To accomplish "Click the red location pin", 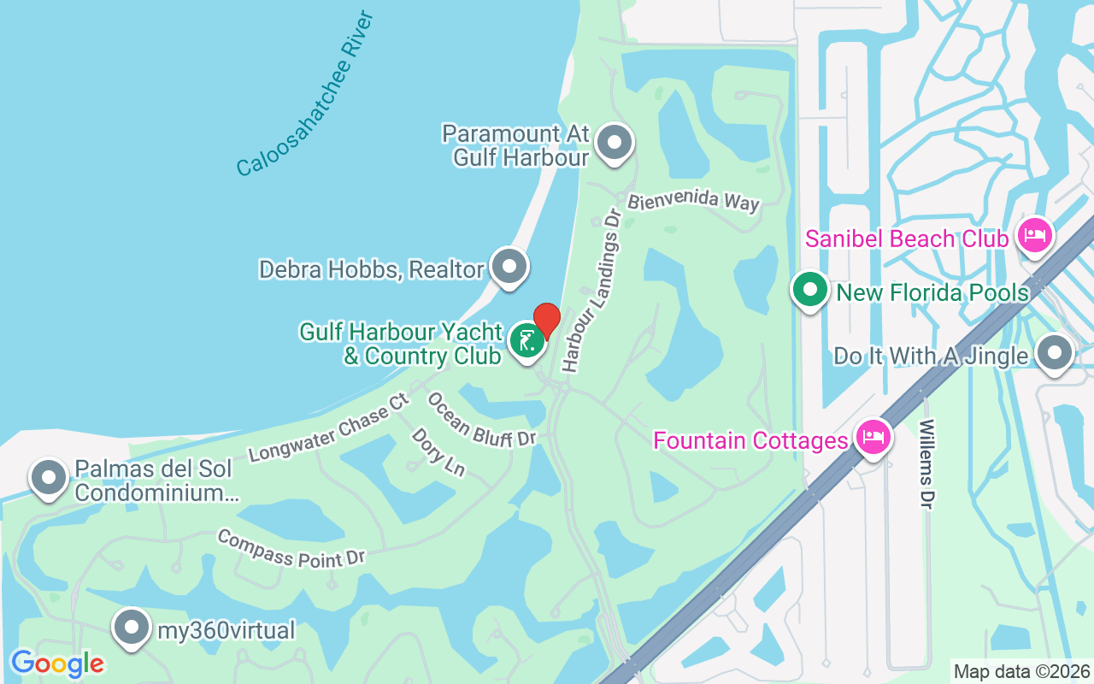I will pos(546,320).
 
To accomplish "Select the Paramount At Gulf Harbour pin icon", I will pos(614,143).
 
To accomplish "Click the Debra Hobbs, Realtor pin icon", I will pos(510,268).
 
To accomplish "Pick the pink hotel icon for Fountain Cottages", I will pos(873,438).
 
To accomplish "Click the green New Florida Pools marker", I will pos(809,291).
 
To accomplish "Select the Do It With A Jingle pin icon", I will pos(1054,353).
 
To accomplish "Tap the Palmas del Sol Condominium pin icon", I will pos(49,478).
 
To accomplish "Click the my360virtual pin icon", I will pos(131,628).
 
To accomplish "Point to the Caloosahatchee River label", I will pos(306,94).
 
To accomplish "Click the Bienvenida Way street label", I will pos(693,202).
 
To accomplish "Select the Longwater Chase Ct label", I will pos(330,429).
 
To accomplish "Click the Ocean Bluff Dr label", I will pos(480,420).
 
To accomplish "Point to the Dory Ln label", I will pos(438,452).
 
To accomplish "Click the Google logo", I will pos(57,663).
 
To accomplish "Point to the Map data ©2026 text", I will pos(1021,671).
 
